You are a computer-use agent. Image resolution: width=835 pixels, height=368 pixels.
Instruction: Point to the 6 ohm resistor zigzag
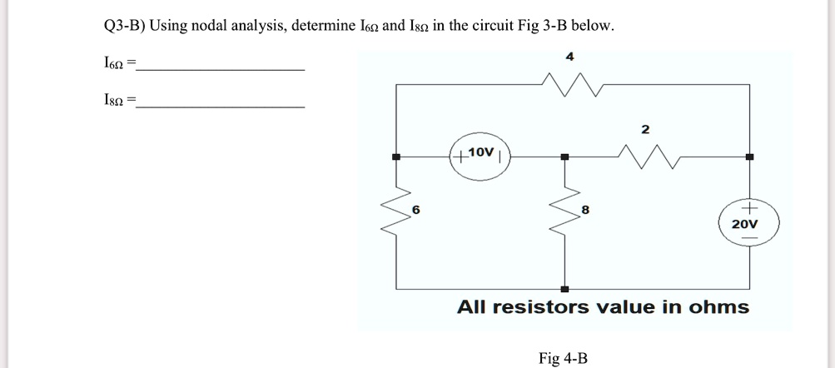click(396, 220)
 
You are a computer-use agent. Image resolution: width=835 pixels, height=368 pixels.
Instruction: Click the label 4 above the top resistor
click(569, 57)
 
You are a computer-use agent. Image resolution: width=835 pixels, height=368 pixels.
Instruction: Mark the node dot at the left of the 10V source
click(397, 157)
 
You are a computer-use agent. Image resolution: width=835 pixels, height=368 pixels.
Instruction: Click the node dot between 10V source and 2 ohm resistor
click(564, 157)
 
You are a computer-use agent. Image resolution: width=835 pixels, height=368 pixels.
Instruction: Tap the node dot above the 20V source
click(749, 157)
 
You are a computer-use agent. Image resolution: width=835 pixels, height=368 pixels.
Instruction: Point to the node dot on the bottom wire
click(564, 288)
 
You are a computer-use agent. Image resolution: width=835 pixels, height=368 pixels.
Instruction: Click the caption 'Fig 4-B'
click(563, 358)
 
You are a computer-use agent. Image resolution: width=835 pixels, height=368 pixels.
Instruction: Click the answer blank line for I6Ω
click(221, 69)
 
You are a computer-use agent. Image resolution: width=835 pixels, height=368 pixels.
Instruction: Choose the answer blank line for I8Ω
click(221, 107)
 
